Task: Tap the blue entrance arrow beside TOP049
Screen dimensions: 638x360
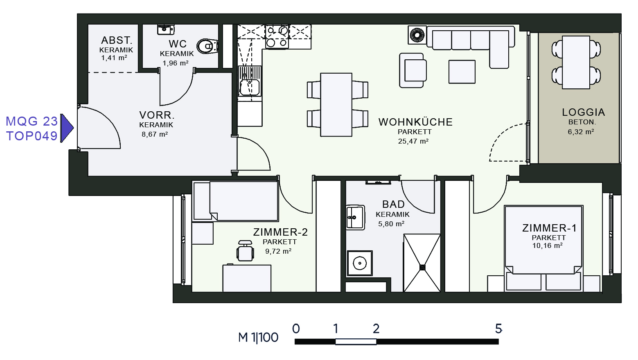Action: coord(67,128)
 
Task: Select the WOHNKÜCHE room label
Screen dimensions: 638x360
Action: coord(415,122)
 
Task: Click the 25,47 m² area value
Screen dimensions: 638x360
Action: coord(413,141)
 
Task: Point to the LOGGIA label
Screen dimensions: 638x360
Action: coord(583,112)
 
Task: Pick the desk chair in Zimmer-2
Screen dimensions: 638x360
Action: coord(245,251)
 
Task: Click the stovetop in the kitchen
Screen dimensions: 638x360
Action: coord(277,36)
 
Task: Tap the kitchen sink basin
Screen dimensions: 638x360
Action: coord(250,87)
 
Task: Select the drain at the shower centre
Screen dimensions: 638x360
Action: coord(422,268)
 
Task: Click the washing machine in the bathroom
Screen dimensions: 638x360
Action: coord(359,263)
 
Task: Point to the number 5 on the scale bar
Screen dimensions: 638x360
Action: coord(498,328)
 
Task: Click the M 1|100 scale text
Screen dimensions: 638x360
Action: coord(258,337)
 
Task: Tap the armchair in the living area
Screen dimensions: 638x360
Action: coord(413,70)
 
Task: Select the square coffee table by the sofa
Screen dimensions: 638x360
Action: coord(462,72)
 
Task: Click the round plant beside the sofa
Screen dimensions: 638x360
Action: coord(417,35)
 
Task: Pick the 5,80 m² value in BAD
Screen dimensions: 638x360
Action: coord(391,224)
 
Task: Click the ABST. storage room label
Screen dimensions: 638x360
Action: coord(117,40)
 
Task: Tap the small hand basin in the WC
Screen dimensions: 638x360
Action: coord(165,29)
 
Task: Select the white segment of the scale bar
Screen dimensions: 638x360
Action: coord(356,342)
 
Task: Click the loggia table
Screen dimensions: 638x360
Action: coord(576,62)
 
